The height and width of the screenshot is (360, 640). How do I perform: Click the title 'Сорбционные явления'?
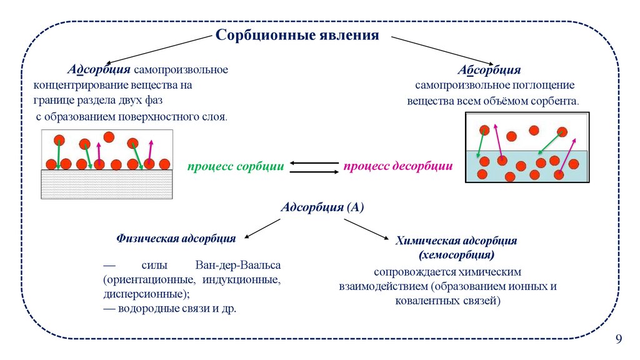(x=297, y=34)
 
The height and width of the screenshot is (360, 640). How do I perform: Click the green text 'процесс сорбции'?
(x=236, y=167)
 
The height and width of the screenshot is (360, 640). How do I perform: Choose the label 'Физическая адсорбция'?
(x=176, y=238)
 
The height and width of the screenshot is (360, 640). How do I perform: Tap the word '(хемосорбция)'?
(x=456, y=255)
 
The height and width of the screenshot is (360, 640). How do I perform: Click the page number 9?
(x=619, y=339)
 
